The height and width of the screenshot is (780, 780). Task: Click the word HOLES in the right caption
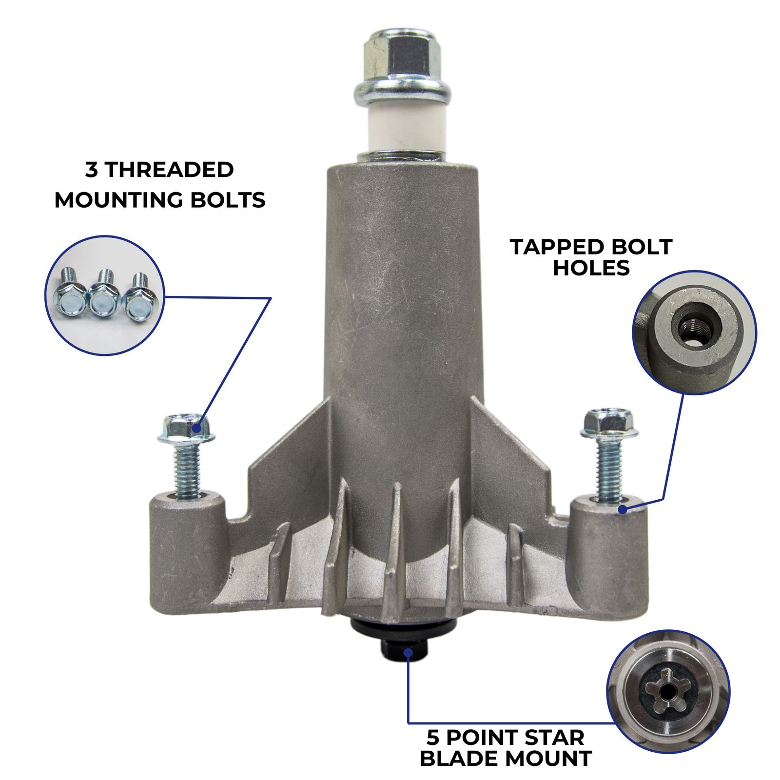pos(591,268)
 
